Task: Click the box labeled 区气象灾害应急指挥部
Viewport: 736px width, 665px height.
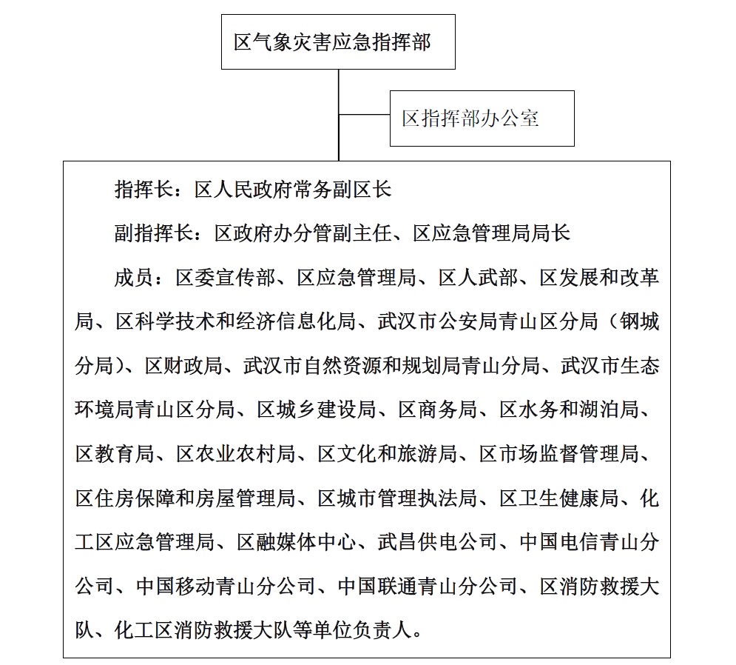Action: [x=338, y=42]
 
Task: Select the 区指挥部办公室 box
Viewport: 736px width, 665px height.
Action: [x=482, y=118]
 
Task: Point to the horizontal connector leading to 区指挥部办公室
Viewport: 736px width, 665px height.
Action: [x=364, y=115]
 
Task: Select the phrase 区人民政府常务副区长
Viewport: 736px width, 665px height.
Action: [x=292, y=190]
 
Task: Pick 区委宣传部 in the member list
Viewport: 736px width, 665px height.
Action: [x=226, y=278]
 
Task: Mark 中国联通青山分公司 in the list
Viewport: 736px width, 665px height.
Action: [x=428, y=587]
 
